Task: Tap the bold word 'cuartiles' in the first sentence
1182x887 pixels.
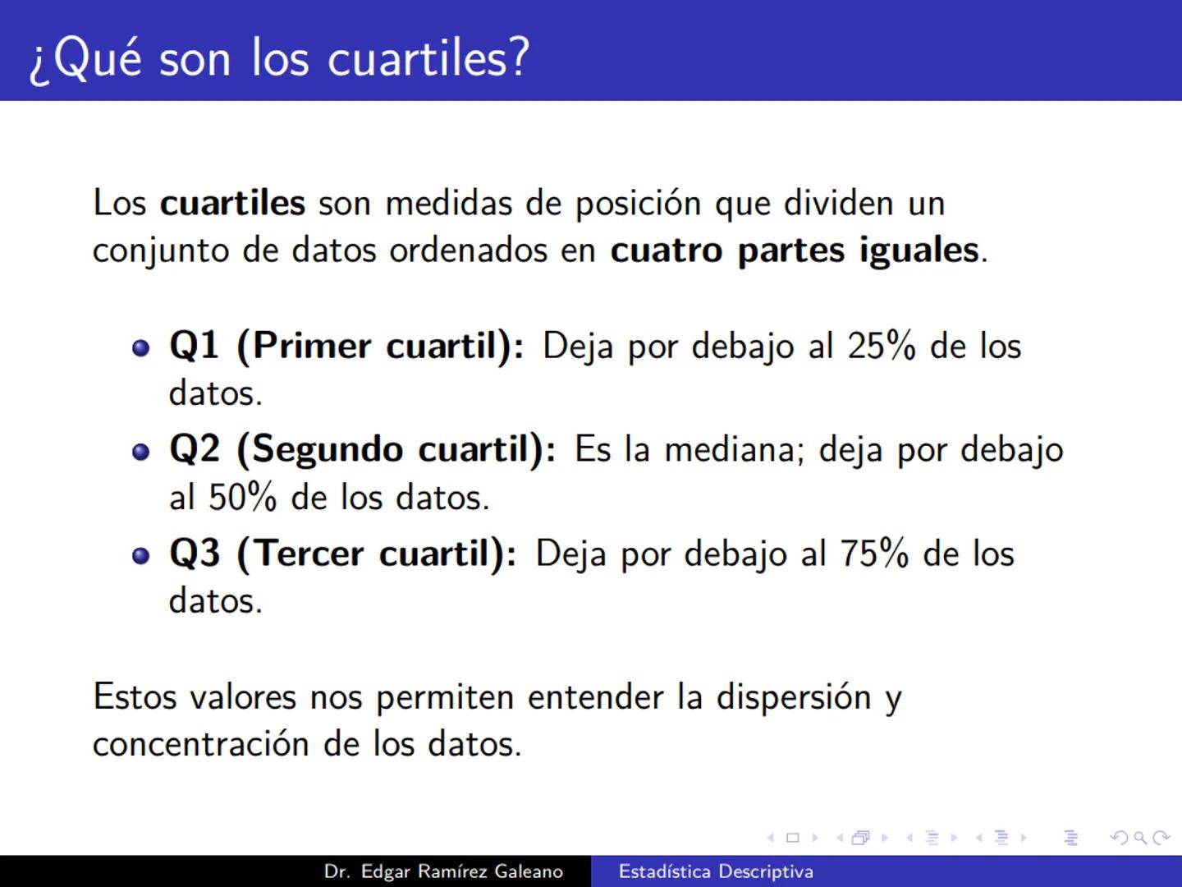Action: click(232, 203)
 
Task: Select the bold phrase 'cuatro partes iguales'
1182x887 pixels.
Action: click(795, 250)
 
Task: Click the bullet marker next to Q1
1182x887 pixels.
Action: click(141, 347)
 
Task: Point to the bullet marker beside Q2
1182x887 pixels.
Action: click(141, 452)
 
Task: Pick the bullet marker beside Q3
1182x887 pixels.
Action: click(141, 556)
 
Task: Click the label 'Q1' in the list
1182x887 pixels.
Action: click(194, 346)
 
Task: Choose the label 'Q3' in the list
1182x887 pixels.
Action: click(195, 554)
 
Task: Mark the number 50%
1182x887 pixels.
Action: click(242, 498)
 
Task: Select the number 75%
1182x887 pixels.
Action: click(873, 554)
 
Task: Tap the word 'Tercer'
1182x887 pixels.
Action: click(309, 554)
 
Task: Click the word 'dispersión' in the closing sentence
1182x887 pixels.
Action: click(794, 697)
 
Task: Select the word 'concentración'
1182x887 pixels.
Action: click(200, 744)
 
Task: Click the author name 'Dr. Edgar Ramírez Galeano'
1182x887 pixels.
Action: click(443, 871)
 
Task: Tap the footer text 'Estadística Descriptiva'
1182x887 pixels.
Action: click(716, 871)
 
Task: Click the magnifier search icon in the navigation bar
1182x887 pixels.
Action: click(1140, 839)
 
